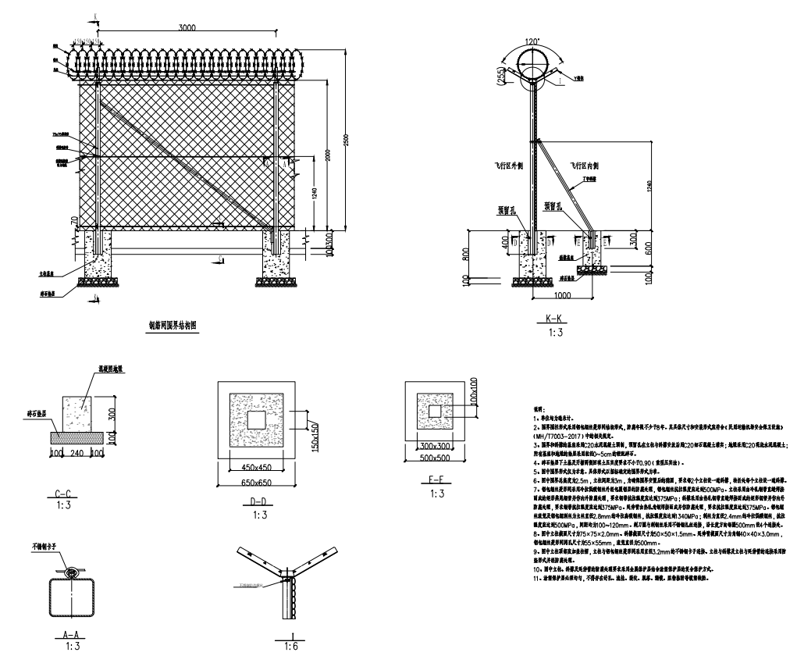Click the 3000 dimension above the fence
(x=186, y=27)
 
